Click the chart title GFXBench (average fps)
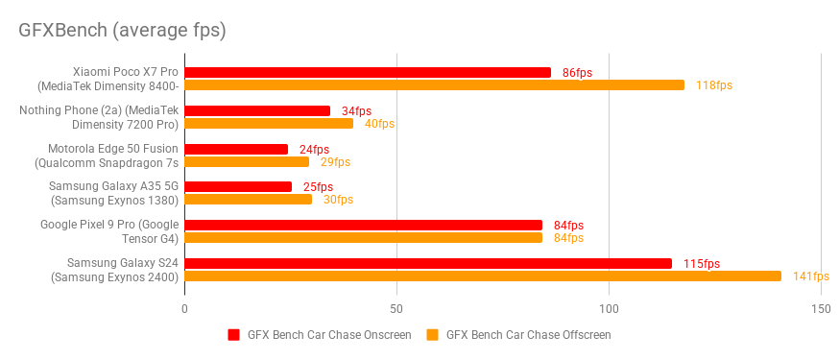[122, 30]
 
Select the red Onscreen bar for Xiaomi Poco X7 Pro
[368, 72]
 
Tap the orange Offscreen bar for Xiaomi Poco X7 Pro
[434, 84]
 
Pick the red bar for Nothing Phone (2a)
[257, 110]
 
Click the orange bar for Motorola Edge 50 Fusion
[247, 161]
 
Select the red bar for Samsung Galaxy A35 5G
[238, 186]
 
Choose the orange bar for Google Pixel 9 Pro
[363, 237]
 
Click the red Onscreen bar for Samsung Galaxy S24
[428, 263]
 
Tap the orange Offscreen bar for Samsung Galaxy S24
[483, 276]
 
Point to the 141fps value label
[810, 276]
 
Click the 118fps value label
[714, 85]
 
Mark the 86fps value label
[577, 73]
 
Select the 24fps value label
[314, 149]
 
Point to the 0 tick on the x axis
[184, 309]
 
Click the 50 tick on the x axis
[396, 309]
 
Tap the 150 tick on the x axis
[820, 309]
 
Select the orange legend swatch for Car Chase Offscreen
[432, 335]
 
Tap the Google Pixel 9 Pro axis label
[109, 231]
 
